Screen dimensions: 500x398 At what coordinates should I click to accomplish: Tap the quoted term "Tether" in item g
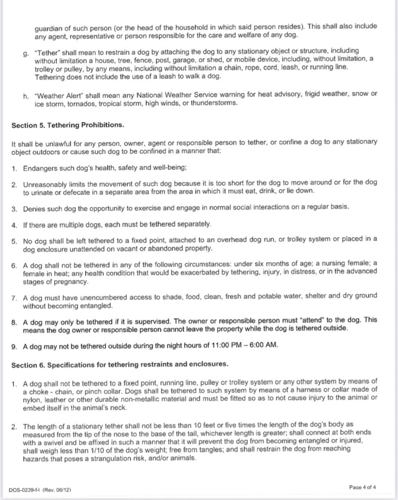(x=47, y=51)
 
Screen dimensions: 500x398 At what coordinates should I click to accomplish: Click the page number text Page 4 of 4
(x=366, y=487)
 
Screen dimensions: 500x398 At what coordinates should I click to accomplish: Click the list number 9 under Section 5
(x=14, y=346)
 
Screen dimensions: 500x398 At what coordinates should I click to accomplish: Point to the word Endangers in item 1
(x=40, y=168)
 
